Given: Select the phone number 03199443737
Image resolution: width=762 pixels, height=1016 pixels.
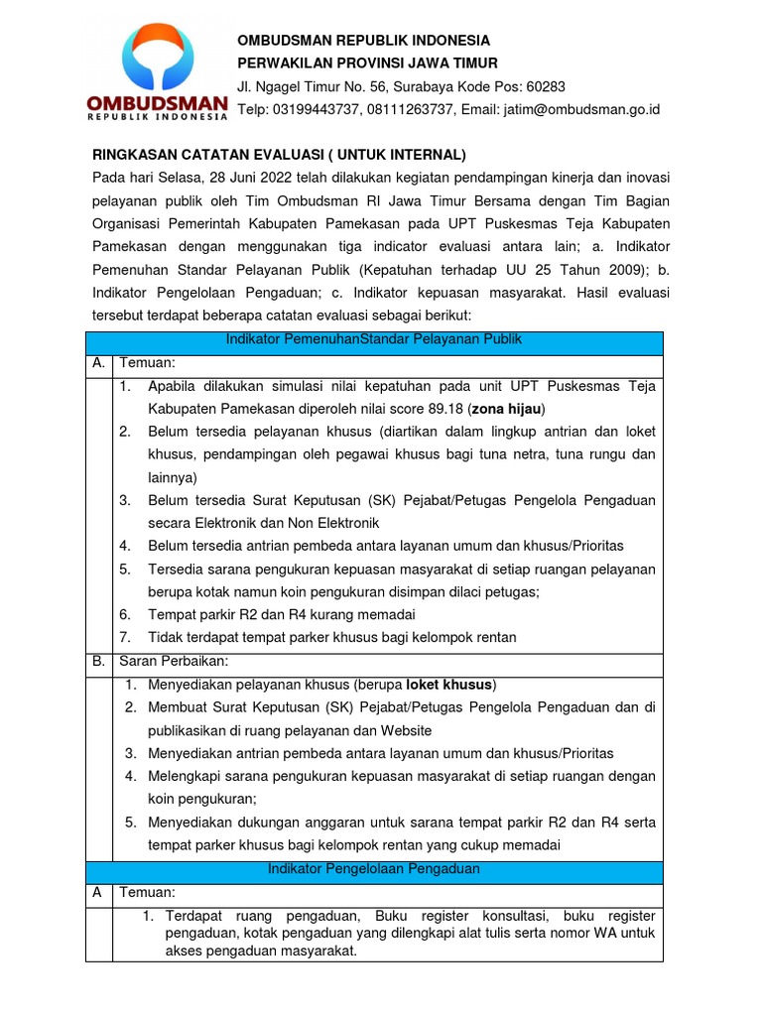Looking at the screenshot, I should tap(317, 109).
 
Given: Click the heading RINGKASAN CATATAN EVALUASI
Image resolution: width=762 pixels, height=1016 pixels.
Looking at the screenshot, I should tap(279, 155).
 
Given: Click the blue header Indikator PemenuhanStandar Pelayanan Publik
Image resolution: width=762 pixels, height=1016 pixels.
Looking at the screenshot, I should tap(373, 340).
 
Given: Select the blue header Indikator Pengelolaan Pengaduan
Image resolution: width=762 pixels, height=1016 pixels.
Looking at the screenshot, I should tap(373, 869).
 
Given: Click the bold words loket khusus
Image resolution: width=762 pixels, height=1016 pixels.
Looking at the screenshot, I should tap(452, 686).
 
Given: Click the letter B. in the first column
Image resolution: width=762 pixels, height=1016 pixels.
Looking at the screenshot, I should tap(98, 661).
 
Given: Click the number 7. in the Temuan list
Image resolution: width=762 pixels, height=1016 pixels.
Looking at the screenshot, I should tap(125, 637).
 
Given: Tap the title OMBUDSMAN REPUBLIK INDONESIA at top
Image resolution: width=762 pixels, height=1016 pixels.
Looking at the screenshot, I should tap(363, 41).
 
